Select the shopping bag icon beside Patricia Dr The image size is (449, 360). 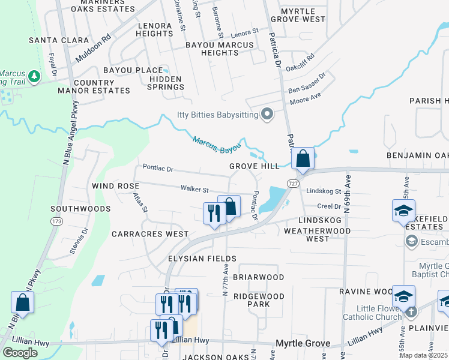pos(303,160)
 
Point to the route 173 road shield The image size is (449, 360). pos(57,221)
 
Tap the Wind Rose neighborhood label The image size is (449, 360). pos(115,187)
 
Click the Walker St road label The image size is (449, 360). pos(194,190)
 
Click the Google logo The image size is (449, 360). pos(20,352)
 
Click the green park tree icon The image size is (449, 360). pos(34,76)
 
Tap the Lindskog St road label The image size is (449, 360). pos(324,191)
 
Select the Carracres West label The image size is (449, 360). pos(147,234)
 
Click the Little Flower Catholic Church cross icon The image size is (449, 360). pos(411,311)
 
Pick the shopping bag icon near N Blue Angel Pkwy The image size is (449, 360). pos(22,303)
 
